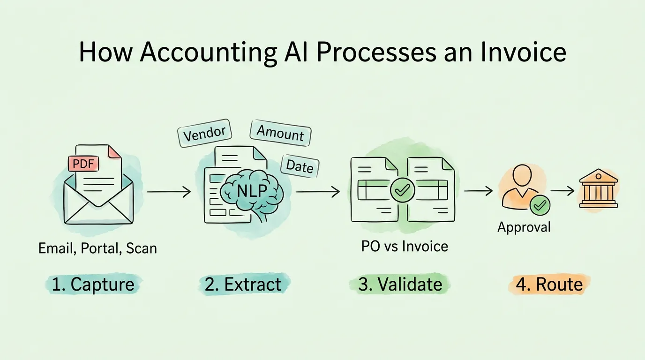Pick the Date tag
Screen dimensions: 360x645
[300, 165]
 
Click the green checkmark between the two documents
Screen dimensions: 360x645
[403, 190]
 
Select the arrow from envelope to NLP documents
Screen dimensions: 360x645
[169, 192]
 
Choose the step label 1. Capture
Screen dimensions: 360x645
[93, 284]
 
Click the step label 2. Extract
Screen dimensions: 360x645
[243, 284]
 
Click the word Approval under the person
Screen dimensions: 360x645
[524, 227]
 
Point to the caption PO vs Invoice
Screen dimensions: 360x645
[405, 246]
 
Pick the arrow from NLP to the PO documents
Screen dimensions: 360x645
[318, 192]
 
